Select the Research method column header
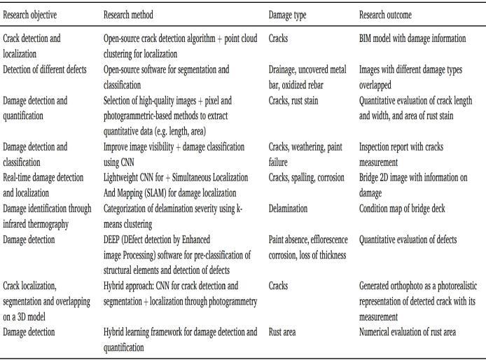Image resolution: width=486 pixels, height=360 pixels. click(128, 14)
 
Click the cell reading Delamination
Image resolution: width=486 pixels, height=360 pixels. click(292, 208)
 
